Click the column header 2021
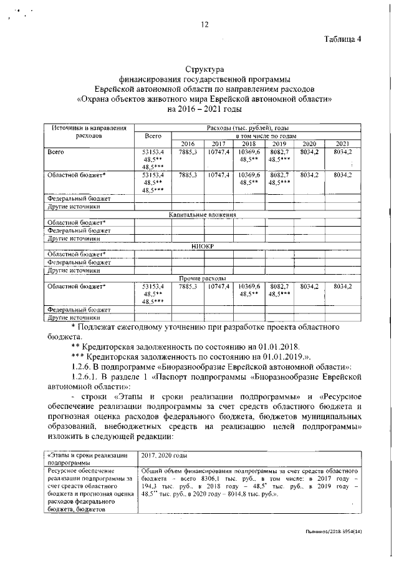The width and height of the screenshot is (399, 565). click(342, 143)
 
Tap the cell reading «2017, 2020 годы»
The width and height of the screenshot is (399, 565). click(165, 456)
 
